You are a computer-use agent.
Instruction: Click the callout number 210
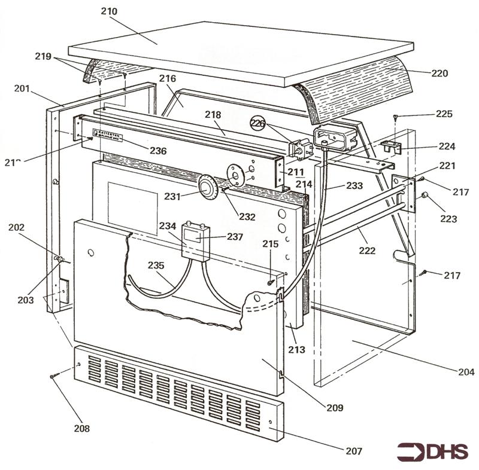click(x=110, y=11)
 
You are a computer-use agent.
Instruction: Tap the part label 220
click(x=439, y=74)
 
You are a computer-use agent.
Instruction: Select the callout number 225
click(x=444, y=114)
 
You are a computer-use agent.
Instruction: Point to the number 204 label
click(x=465, y=372)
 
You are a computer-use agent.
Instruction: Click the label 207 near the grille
click(x=354, y=451)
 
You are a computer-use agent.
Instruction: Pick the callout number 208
click(x=82, y=428)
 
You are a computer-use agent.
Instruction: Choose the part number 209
click(x=335, y=408)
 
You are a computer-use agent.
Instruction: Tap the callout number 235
click(x=156, y=265)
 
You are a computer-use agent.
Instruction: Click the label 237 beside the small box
click(x=234, y=236)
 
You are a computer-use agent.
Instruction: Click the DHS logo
click(x=432, y=451)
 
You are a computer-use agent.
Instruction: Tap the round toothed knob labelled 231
click(x=207, y=187)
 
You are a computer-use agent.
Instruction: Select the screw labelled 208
click(x=54, y=376)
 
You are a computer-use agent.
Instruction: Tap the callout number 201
click(x=22, y=89)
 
